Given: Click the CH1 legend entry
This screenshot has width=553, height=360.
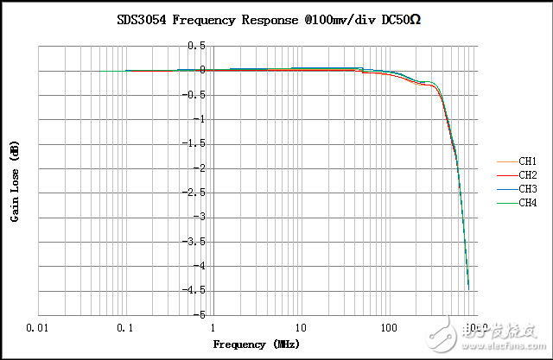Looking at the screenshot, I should (x=527, y=161).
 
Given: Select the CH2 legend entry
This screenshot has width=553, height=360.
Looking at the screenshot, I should (x=527, y=175).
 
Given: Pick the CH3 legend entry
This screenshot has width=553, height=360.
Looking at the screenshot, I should (x=527, y=189).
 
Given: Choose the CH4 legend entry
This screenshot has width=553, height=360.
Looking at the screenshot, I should (x=527, y=204).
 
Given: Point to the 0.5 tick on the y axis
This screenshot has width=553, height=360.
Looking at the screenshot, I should (x=198, y=46).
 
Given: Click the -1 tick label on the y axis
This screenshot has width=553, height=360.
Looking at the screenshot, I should (x=200, y=119).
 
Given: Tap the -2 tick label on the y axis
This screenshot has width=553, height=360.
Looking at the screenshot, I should (x=200, y=168).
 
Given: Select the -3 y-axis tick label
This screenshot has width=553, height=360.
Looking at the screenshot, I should (x=200, y=218).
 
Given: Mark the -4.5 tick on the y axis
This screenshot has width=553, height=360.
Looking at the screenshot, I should (x=196, y=291).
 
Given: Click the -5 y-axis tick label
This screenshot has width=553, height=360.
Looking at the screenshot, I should (x=200, y=315).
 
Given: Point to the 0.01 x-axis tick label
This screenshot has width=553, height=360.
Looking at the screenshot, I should (x=37, y=329).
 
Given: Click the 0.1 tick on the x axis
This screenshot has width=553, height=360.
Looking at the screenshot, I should (x=126, y=329).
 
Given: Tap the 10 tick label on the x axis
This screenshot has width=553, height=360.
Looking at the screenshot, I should (x=301, y=329).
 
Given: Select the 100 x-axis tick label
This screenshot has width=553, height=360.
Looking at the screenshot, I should (x=389, y=329).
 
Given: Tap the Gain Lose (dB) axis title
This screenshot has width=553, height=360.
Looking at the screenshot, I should (x=16, y=181).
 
